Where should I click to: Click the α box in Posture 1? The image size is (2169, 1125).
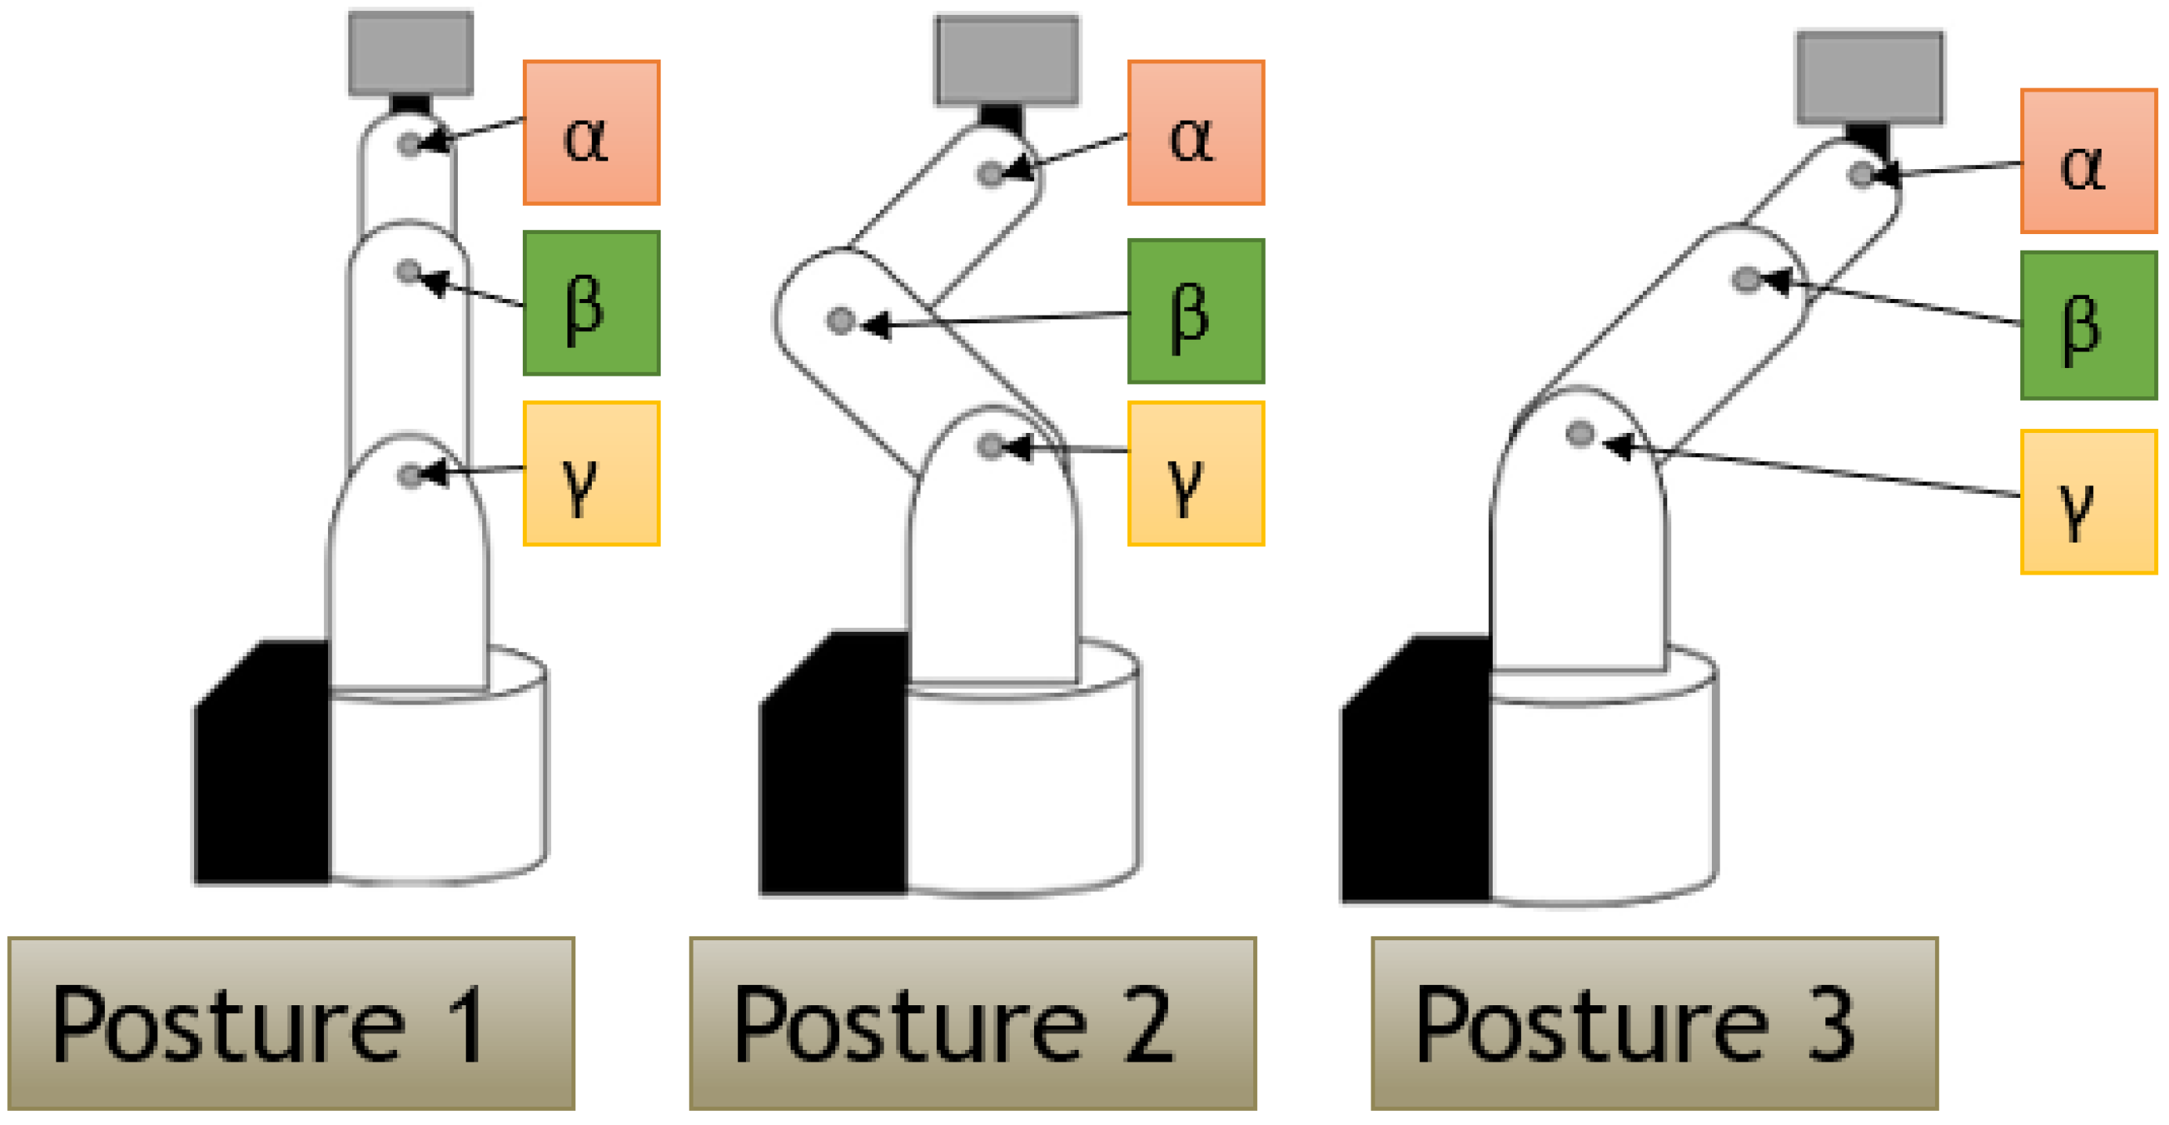(x=591, y=132)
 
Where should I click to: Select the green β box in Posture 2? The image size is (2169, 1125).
(x=1195, y=311)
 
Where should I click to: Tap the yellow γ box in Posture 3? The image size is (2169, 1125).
(x=2088, y=502)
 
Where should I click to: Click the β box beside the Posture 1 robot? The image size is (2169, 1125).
(x=591, y=302)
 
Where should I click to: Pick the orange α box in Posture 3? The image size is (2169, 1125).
(x=2088, y=160)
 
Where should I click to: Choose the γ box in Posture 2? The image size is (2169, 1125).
(x=1195, y=473)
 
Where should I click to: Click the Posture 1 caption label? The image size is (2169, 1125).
(x=291, y=1023)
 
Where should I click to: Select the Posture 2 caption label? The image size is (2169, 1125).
(x=972, y=1023)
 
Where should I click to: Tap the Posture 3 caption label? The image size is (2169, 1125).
(x=1655, y=1023)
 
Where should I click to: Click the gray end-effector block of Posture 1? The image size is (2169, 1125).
(x=411, y=53)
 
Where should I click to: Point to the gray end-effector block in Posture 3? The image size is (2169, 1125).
(x=1870, y=78)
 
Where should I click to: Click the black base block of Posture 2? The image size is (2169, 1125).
(x=834, y=766)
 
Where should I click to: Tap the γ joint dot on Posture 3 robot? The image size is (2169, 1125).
(x=1580, y=434)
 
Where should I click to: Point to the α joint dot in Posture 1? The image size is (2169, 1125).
(x=409, y=145)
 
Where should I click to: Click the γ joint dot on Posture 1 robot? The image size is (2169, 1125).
(x=409, y=476)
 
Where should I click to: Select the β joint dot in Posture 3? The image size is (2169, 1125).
(x=1746, y=279)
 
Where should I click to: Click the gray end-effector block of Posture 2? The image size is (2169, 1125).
(x=1006, y=59)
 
